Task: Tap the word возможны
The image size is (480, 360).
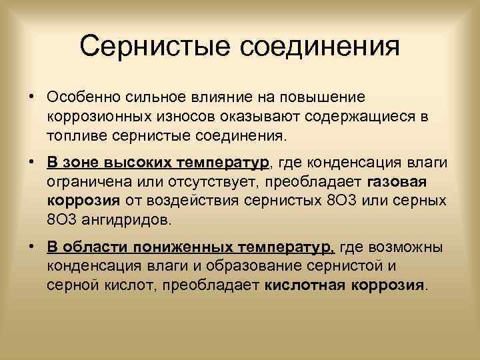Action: tap(407, 249)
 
